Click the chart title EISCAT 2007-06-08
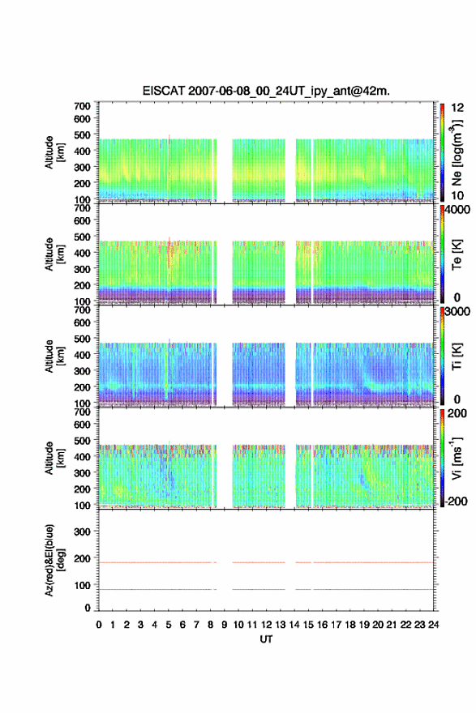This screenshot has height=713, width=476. click(x=266, y=91)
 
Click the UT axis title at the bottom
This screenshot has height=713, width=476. click(x=266, y=639)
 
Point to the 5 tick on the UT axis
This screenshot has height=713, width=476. click(x=169, y=625)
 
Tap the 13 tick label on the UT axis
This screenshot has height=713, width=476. click(x=281, y=625)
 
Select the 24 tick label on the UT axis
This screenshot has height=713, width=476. click(x=433, y=625)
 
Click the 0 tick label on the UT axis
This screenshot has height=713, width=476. click(x=99, y=625)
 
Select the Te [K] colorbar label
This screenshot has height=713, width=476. click(x=457, y=254)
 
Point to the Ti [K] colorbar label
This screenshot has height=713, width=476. click(x=457, y=356)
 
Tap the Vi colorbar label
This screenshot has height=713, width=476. click(x=457, y=458)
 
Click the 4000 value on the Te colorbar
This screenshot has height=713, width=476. click(x=457, y=210)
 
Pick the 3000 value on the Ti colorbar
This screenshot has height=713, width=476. click(x=457, y=311)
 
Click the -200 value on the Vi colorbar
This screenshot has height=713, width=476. click(x=454, y=501)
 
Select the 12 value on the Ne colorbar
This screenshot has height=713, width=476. click(x=457, y=108)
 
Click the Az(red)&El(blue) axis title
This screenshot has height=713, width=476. click(x=54, y=560)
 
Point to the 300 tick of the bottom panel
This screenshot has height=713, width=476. click(x=82, y=532)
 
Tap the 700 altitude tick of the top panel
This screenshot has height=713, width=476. click(x=82, y=106)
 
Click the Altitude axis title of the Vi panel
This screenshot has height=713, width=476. click(x=54, y=458)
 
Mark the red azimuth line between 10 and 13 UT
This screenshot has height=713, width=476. click(x=259, y=562)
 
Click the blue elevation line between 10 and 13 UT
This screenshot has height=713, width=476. click(x=259, y=589)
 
